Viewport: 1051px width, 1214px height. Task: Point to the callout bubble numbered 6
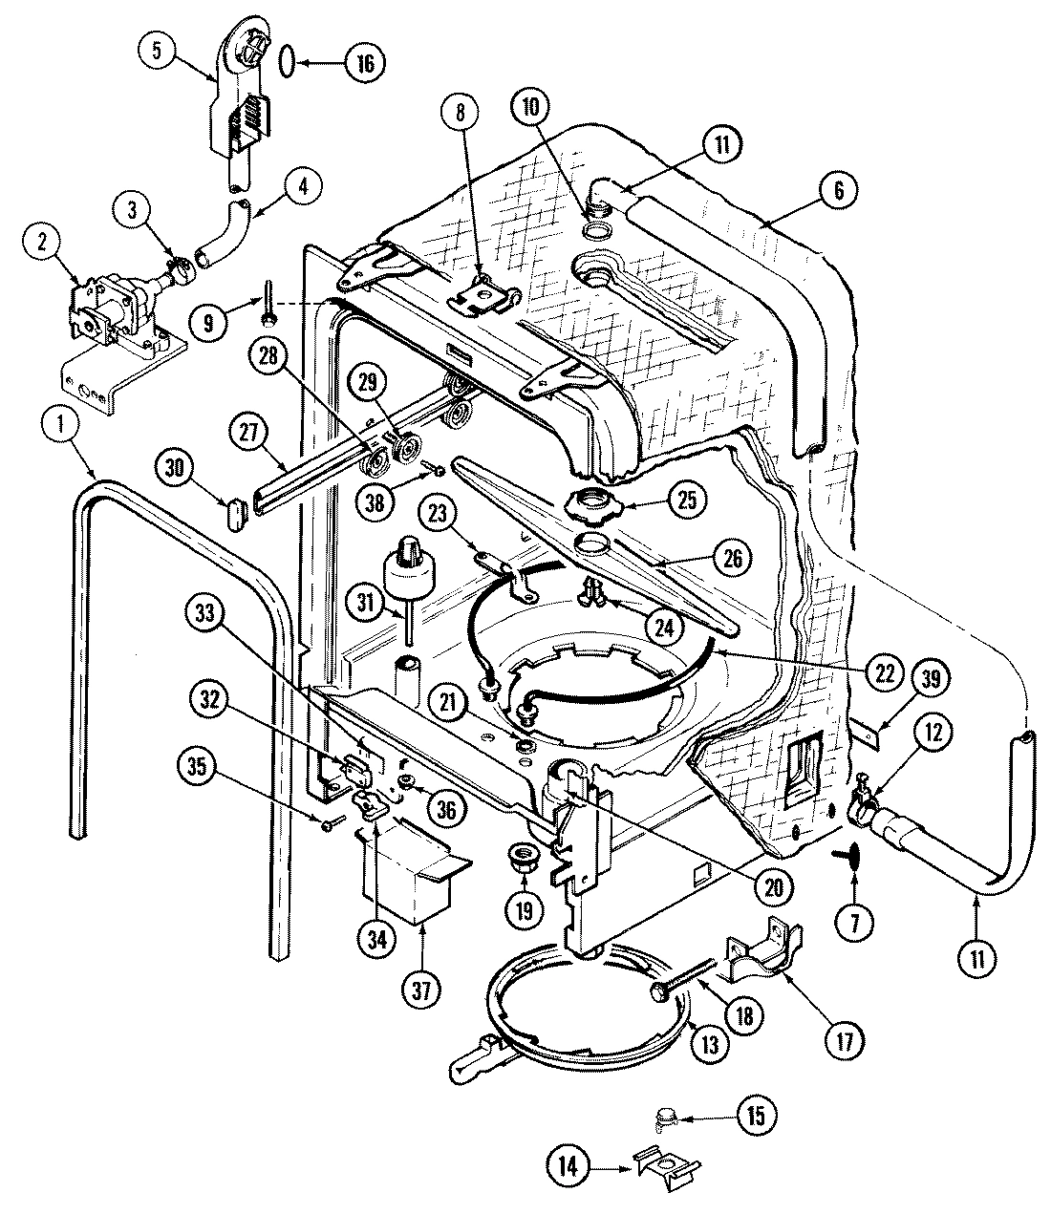[x=837, y=191]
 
